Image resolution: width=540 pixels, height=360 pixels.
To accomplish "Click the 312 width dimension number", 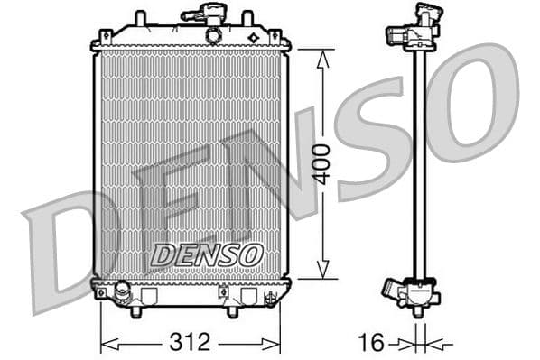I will tap(191, 342).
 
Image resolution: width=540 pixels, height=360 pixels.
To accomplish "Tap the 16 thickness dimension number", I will tap(370, 342).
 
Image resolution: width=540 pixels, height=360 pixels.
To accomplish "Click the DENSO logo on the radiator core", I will tap(206, 255).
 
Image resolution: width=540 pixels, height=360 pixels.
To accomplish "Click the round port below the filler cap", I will tap(213, 36).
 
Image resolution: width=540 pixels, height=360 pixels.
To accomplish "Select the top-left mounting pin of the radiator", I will tap(139, 18).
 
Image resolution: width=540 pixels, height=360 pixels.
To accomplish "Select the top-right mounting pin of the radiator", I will tap(247, 18).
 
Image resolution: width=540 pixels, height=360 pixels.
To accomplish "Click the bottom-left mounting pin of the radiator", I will tap(135, 310).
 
